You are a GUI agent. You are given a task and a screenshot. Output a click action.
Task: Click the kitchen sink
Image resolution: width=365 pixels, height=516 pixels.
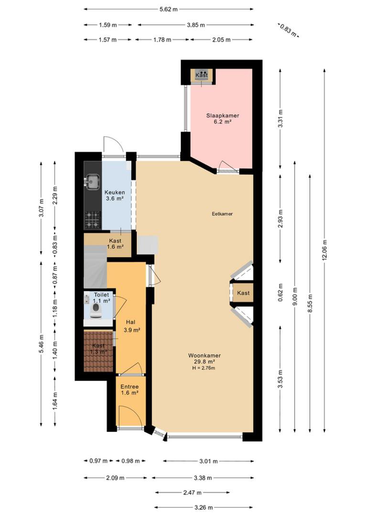[92, 182]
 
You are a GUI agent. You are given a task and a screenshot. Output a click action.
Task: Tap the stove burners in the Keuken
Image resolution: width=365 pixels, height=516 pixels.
[92, 220]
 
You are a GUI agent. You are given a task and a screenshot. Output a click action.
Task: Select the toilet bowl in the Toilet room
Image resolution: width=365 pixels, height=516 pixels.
[96, 311]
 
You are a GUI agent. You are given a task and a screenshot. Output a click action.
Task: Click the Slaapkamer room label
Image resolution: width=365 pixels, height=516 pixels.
[223, 116]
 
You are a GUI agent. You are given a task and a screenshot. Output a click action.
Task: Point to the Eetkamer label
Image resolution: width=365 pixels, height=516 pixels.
[222, 214]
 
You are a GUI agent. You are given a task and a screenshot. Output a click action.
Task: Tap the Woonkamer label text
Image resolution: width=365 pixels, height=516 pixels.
[204, 355]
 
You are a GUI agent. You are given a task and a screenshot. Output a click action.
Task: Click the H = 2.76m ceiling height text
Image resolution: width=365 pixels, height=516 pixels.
[204, 368]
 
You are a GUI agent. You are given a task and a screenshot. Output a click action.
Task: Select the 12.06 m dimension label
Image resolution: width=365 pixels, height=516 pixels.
[324, 250]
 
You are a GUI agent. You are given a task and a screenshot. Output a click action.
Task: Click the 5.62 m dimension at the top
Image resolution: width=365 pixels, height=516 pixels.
[169, 9]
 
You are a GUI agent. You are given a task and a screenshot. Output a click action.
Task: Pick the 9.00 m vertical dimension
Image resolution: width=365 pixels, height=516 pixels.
[295, 297]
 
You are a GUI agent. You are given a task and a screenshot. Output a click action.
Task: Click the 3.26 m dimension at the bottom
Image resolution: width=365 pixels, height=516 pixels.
[204, 507]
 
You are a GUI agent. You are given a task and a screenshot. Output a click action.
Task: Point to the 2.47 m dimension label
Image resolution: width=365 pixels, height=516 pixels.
[192, 493]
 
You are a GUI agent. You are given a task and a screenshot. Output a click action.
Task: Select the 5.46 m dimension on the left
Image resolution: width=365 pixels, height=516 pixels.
[41, 344]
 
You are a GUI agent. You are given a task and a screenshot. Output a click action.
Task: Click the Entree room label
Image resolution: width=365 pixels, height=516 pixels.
[129, 387]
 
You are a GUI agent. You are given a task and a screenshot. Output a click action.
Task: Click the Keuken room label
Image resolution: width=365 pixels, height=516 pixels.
[115, 193]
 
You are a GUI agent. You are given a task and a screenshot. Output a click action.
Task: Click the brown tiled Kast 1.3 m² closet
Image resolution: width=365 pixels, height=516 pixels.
[98, 351]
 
